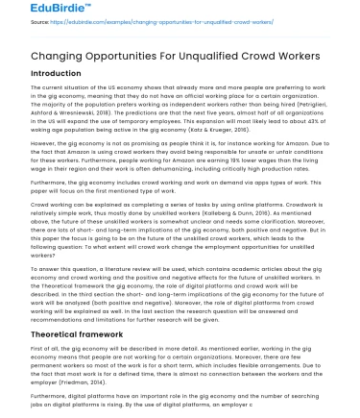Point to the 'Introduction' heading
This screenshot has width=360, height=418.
click(x=57, y=73)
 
